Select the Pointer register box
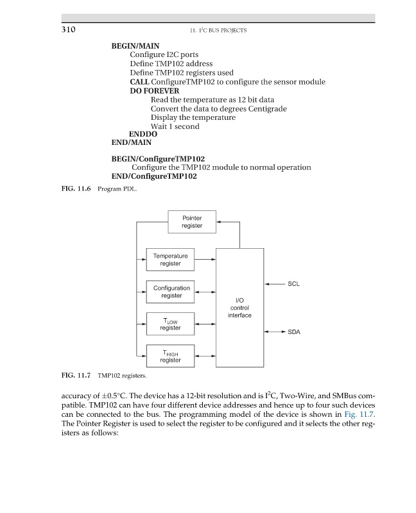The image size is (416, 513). [x=192, y=222]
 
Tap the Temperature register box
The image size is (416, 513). [x=170, y=260]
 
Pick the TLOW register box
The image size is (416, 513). [x=170, y=324]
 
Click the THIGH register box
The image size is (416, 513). [x=170, y=356]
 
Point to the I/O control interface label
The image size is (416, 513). [x=239, y=307]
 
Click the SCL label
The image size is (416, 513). [x=294, y=283]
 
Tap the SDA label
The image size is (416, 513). [x=294, y=332]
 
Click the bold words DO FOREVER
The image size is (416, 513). [x=154, y=91]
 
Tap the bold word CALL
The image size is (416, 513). [x=139, y=82]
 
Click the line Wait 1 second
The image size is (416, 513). [x=175, y=126]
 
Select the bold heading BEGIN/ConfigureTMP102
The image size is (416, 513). [x=154, y=158]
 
